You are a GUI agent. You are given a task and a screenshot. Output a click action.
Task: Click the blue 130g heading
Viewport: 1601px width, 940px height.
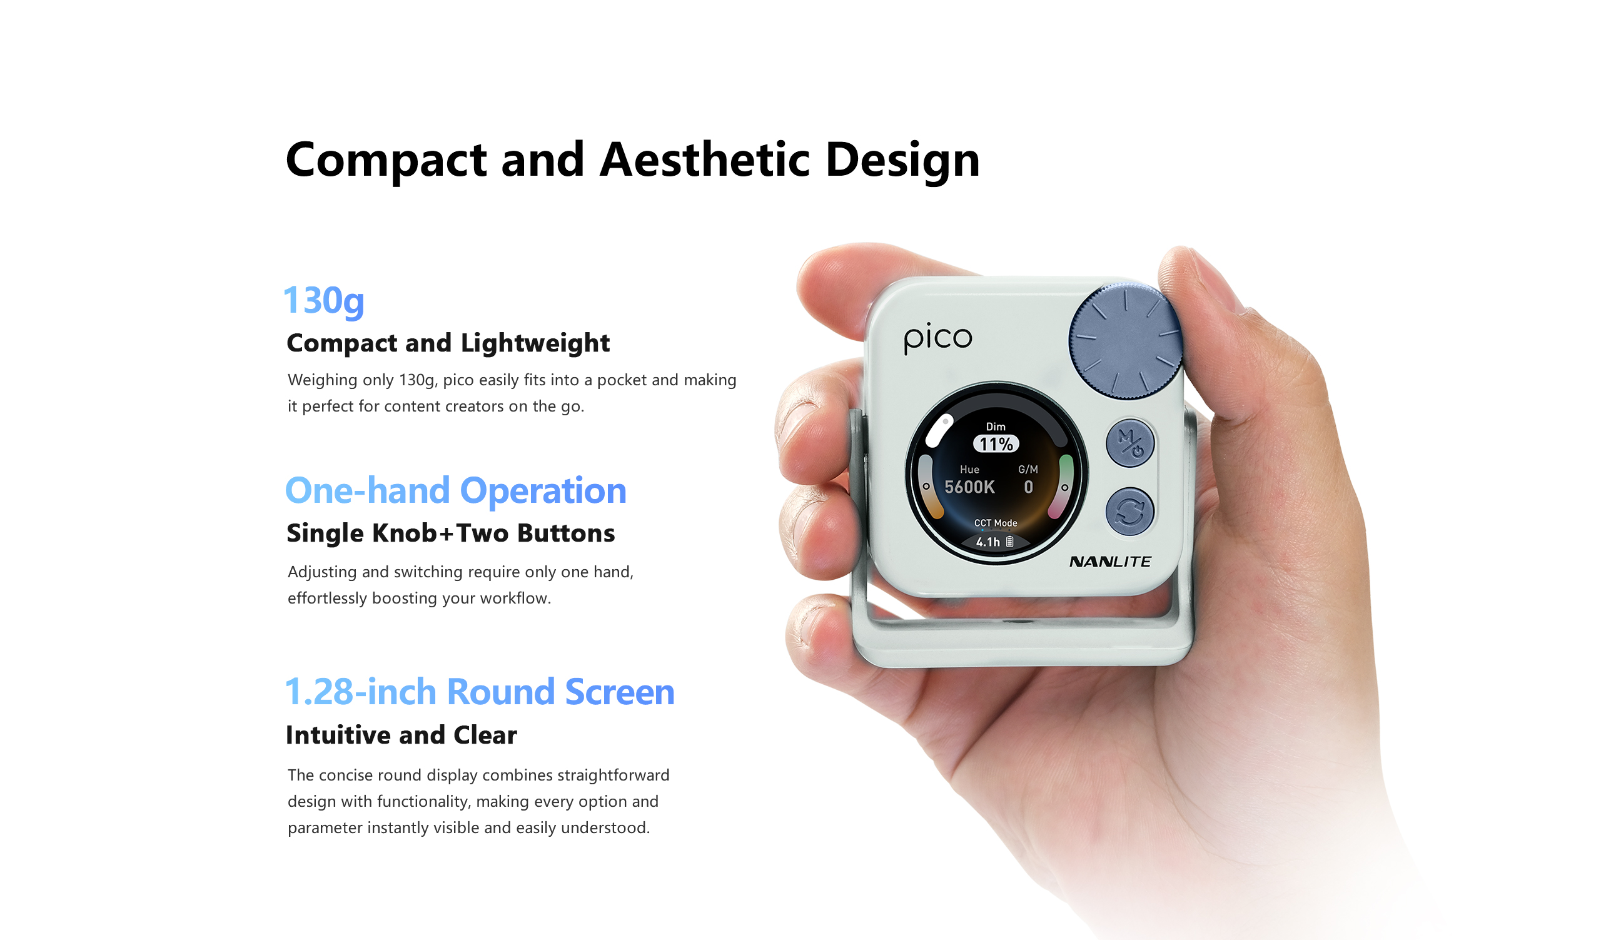(x=324, y=300)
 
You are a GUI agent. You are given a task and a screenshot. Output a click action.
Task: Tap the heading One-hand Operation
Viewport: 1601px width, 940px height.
(x=456, y=490)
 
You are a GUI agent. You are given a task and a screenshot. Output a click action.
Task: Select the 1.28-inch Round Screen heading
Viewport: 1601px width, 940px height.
(x=480, y=692)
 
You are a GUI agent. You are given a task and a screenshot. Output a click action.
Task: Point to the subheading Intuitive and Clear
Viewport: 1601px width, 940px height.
(x=402, y=735)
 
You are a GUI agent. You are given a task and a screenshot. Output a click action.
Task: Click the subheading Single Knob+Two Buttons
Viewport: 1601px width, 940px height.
(x=450, y=533)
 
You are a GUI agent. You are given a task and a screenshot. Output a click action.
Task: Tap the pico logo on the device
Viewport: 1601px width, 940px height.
(x=937, y=338)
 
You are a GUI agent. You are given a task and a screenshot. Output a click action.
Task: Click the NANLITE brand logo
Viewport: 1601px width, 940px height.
(x=1110, y=562)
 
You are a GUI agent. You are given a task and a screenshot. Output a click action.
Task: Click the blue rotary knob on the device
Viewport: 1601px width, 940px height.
(x=1125, y=341)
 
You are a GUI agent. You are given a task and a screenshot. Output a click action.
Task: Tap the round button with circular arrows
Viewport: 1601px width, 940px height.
(x=1129, y=512)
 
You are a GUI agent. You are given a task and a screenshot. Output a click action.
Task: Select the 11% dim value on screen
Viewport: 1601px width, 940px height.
(x=996, y=444)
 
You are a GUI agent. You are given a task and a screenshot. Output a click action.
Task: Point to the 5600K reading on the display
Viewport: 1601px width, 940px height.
(x=969, y=487)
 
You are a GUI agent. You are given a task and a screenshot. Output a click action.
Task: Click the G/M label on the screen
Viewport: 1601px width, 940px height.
(x=1028, y=469)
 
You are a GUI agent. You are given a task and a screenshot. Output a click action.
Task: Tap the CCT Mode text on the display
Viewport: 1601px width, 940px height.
(x=996, y=523)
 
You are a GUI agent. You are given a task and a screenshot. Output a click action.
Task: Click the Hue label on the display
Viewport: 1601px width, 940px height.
(x=969, y=469)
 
